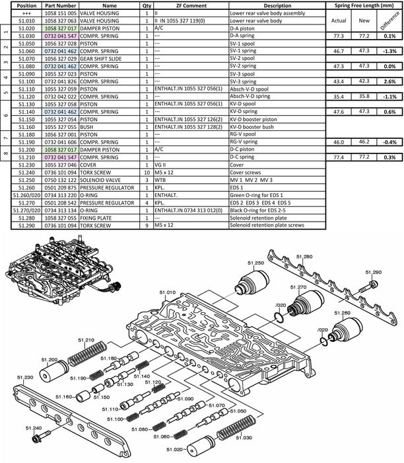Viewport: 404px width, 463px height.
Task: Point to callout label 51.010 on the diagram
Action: point(166,292)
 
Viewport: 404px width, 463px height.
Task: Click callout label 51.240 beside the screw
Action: point(34,429)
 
